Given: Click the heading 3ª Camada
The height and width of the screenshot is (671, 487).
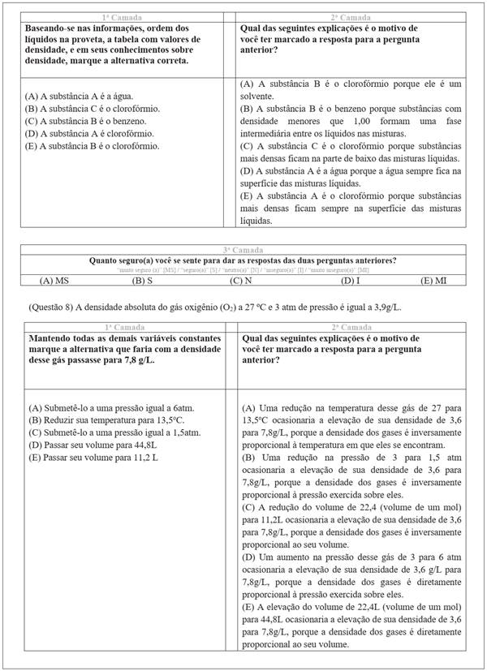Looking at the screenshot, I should (x=243, y=251).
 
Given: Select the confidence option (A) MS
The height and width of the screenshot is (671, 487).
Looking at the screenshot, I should (x=54, y=280).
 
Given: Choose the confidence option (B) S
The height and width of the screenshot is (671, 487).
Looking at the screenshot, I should (x=143, y=280).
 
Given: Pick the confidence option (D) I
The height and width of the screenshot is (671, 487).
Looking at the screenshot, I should (x=350, y=280).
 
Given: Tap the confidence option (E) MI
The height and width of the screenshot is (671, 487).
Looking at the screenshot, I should (x=433, y=280).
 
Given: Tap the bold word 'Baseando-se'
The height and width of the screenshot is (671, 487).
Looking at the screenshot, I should (x=50, y=27).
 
